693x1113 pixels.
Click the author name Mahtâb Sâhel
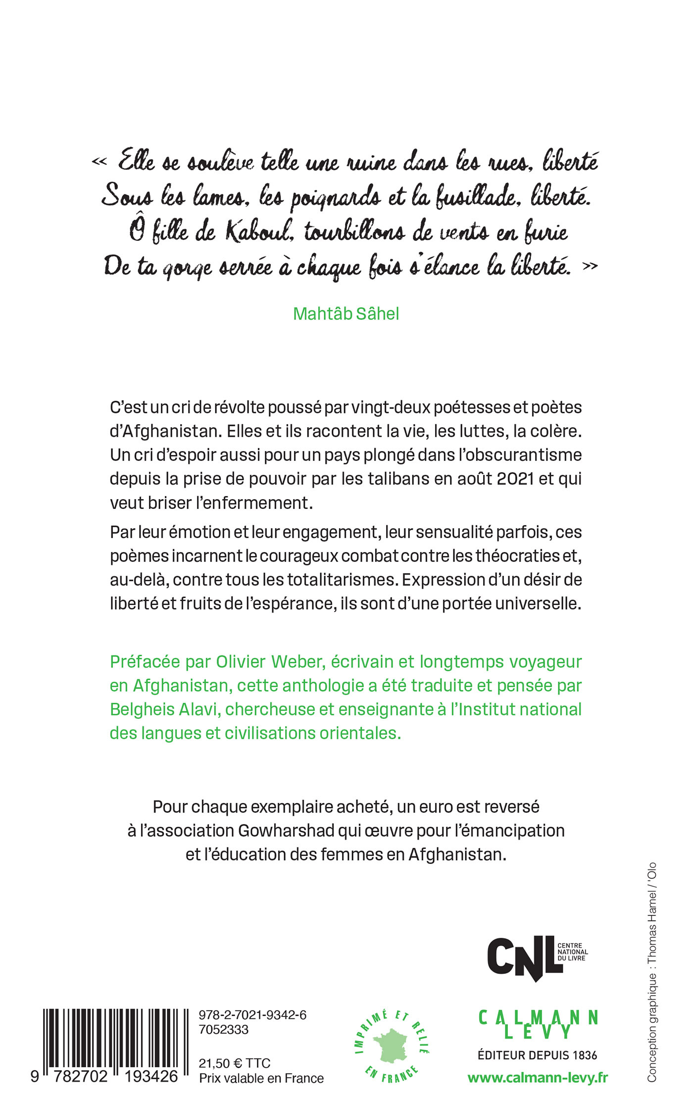pyautogui.click(x=346, y=313)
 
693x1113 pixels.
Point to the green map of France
pyautogui.click(x=392, y=1046)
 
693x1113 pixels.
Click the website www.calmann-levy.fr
pyautogui.click(x=538, y=1078)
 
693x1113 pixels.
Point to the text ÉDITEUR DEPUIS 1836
pyautogui.click(x=538, y=1055)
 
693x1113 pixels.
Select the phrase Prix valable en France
pyautogui.click(x=261, y=1078)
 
